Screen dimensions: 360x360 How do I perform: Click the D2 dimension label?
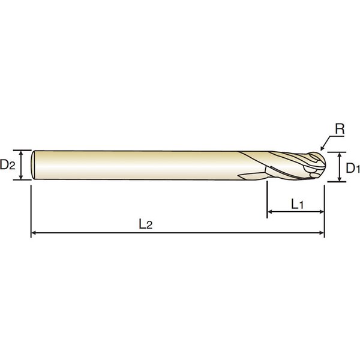click(x=8, y=164)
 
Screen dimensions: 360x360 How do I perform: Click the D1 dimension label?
click(x=353, y=168)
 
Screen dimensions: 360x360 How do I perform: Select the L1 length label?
click(x=298, y=204)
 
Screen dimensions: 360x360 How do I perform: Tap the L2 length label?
click(x=146, y=224)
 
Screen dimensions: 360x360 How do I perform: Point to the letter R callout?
click(x=340, y=129)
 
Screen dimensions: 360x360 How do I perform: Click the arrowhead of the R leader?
click(x=322, y=149)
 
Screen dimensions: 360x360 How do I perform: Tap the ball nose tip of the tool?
click(x=325, y=164)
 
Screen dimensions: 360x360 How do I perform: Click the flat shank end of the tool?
click(x=33, y=165)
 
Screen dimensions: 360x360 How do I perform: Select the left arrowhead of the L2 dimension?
click(x=34, y=233)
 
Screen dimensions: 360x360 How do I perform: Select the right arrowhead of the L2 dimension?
click(x=322, y=233)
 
